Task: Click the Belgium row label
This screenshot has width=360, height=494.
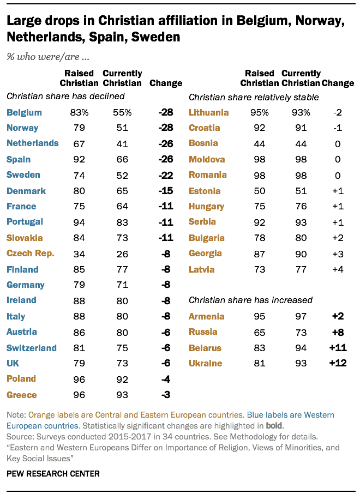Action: (x=24, y=112)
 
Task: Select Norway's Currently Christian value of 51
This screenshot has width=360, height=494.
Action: (x=122, y=128)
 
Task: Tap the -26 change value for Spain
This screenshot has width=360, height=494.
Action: (x=165, y=159)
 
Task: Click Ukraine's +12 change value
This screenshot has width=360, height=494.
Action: (x=338, y=363)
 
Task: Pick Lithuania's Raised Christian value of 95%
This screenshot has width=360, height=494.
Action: (x=260, y=112)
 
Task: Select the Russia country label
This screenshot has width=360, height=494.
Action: (x=203, y=332)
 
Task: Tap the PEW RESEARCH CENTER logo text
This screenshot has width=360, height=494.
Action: (x=53, y=473)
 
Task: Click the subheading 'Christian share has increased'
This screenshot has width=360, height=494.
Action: (x=250, y=300)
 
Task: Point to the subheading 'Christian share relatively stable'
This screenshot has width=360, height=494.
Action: (x=254, y=97)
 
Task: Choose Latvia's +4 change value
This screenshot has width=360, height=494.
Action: (x=338, y=269)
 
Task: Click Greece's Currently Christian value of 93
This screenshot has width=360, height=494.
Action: (x=122, y=395)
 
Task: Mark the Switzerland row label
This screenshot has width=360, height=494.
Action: (x=32, y=347)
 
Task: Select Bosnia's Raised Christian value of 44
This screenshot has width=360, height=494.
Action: (x=260, y=143)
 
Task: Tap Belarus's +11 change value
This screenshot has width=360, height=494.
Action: (x=338, y=347)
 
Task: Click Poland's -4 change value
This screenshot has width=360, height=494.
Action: (x=165, y=379)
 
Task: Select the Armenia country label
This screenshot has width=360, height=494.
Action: (x=207, y=316)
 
